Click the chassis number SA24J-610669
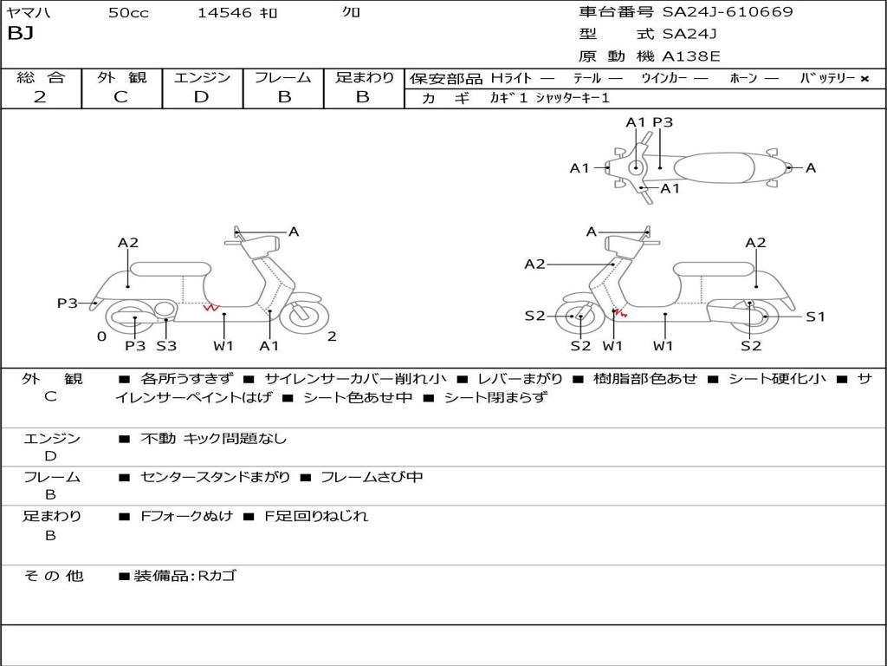point(728,11)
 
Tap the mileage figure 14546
point(224,12)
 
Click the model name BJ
point(21,34)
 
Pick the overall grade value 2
point(40,97)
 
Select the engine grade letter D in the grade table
point(201,97)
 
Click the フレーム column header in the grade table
point(283,77)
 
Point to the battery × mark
point(864,79)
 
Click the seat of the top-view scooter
point(714,168)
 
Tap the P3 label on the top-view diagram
point(663,122)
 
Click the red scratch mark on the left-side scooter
point(211,308)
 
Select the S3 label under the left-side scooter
point(166,345)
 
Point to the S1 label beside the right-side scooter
point(815,317)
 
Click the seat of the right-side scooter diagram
point(714,270)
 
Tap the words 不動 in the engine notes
point(158,438)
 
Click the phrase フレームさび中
point(372,478)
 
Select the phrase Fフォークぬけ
point(187,516)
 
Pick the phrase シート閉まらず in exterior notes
point(496,397)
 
